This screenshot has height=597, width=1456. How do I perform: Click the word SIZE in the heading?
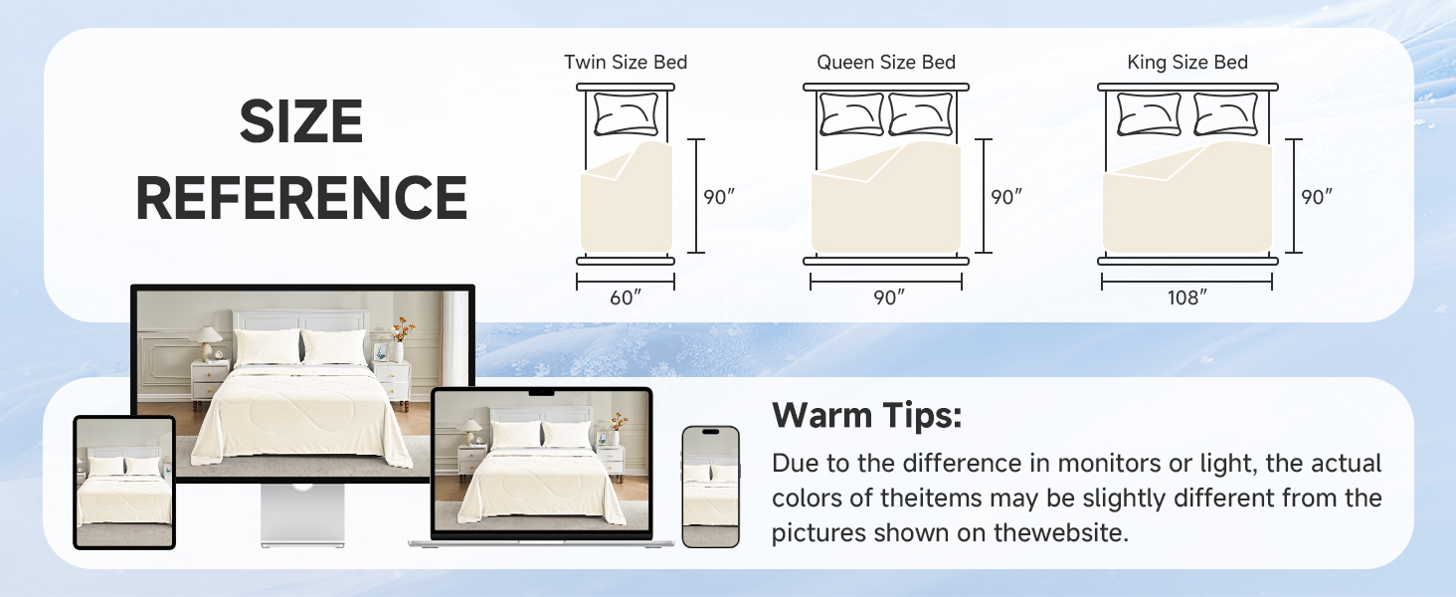pyautogui.click(x=300, y=123)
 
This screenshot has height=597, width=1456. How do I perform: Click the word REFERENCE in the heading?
pyautogui.click(x=300, y=198)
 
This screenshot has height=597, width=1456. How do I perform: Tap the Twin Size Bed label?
pyautogui.click(x=626, y=62)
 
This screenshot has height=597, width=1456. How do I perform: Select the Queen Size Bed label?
pyautogui.click(x=886, y=62)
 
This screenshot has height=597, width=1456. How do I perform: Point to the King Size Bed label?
pyautogui.click(x=1187, y=62)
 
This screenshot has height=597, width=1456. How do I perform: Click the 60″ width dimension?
pyautogui.click(x=626, y=297)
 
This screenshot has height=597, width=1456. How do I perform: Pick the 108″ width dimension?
pyautogui.click(x=1186, y=297)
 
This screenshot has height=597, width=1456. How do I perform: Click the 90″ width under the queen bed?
pyautogui.click(x=886, y=297)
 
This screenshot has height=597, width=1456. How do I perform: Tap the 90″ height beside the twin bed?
pyautogui.click(x=719, y=197)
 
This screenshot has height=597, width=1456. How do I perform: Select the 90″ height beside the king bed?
pyautogui.click(x=1317, y=197)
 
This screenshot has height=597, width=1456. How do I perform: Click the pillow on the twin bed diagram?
pyautogui.click(x=627, y=114)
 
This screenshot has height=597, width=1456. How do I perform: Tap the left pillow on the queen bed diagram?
pyautogui.click(x=851, y=114)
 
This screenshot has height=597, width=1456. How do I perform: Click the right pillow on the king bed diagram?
pyautogui.click(x=1224, y=114)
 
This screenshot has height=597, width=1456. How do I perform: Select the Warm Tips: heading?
pyautogui.click(x=867, y=416)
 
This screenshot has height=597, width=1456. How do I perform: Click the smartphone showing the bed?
pyautogui.click(x=710, y=487)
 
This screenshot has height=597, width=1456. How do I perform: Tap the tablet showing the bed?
pyautogui.click(x=124, y=483)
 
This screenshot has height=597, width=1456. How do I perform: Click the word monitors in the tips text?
pyautogui.click(x=1102, y=464)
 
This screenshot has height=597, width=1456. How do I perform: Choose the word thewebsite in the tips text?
pyautogui.click(x=1061, y=532)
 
